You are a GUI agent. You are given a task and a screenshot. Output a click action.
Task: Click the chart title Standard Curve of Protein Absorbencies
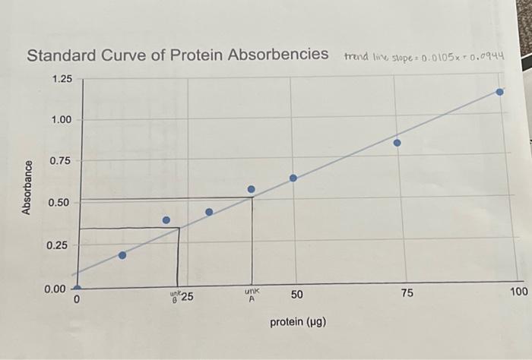click(178, 55)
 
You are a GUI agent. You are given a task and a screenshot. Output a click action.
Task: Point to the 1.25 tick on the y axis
click(62, 79)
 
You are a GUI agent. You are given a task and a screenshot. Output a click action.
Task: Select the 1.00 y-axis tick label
click(62, 120)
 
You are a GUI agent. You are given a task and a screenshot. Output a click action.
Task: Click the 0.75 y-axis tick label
click(62, 161)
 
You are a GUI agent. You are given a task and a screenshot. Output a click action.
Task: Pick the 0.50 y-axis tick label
click(62, 203)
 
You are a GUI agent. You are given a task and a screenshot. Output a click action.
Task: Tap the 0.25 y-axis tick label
click(62, 245)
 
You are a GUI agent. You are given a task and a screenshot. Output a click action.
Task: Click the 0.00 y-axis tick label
click(62, 288)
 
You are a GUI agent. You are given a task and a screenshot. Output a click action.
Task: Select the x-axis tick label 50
click(296, 295)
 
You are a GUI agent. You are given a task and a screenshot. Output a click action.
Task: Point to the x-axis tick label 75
click(407, 294)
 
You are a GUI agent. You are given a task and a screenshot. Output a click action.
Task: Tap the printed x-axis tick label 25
click(187, 297)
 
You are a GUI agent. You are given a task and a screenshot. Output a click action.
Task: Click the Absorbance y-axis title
click(27, 187)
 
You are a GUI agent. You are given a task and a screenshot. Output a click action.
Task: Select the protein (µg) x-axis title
click(298, 322)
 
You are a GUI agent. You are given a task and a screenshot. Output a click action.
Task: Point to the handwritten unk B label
click(175, 296)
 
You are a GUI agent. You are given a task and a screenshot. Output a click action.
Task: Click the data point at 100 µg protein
click(499, 92)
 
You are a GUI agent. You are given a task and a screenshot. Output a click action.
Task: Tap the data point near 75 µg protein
click(397, 143)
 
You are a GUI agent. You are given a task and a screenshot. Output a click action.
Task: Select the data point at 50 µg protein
click(293, 178)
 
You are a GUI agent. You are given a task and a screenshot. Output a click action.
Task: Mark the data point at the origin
click(77, 289)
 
